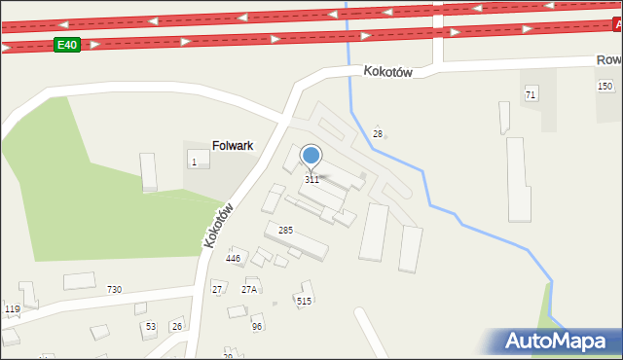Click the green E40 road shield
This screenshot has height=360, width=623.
coord(66,45)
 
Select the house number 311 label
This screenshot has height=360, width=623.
coord(311,180)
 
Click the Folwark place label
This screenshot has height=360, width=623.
coord(233,146)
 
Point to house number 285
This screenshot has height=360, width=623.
coord(286,231)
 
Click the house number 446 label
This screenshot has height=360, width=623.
coord(233,259)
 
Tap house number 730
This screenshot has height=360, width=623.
coord(114,290)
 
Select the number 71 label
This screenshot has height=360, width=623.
coord(531,94)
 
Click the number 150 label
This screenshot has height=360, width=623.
coord(605,87)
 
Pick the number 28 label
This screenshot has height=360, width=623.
coord(378,133)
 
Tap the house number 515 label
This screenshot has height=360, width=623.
coord(305,302)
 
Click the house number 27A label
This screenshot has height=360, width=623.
coord(249,290)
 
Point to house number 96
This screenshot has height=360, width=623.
coord(257,327)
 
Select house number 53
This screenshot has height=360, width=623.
coord(150,327)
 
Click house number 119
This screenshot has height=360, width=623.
coord(12,309)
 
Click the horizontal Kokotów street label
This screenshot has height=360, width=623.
coord(390,72)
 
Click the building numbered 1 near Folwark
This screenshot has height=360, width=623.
coord(195,162)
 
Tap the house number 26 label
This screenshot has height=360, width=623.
coord(176,327)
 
